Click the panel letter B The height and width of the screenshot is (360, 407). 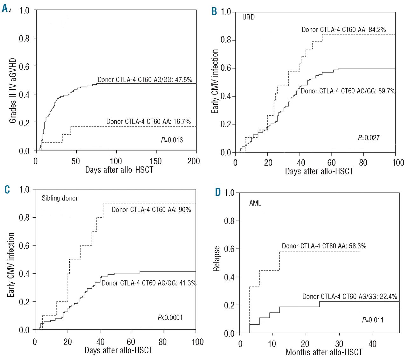tap(214, 12)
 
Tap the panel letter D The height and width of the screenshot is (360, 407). tap(218, 192)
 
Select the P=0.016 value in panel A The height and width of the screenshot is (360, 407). tap(172, 140)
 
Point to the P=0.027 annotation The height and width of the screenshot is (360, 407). tap(369, 138)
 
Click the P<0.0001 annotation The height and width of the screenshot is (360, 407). tap(170, 317)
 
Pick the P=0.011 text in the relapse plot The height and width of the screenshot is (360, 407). tap(373, 320)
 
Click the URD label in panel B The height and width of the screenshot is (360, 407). tap(248, 17)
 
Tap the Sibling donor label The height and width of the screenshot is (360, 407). tap(60, 198)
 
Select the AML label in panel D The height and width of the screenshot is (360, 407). tap(255, 203)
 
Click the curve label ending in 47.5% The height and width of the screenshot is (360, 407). tap(145, 80)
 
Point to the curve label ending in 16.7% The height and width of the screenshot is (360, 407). tap(148, 121)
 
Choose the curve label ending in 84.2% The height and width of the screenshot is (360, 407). tap(343, 30)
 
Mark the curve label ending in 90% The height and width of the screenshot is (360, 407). tap(151, 209)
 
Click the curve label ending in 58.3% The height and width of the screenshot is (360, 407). tap(324, 246)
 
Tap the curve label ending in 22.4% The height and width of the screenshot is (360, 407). tap(349, 296)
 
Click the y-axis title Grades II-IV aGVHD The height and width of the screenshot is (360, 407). tap(13, 91)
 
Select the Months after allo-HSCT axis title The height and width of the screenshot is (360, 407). tap(324, 352)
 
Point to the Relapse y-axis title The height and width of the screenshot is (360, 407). tap(217, 258)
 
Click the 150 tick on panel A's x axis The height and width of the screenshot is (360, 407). tap(155, 161)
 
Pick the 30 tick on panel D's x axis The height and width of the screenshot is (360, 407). tap(339, 344)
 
